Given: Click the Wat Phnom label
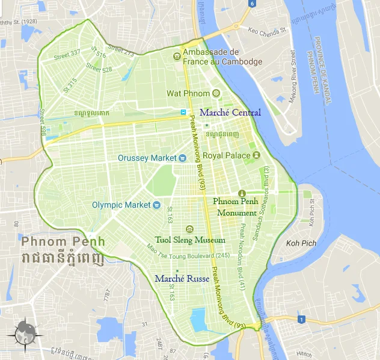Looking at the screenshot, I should coord(188,93).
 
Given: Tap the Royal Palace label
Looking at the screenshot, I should coord(226,155).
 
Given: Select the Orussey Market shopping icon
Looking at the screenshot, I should coord(183,158).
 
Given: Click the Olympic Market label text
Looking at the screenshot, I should coord(121,205).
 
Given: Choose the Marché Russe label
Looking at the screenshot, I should coord(182,279).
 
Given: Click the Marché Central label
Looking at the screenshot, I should coord(230,113).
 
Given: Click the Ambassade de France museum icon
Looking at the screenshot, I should coord(176,57).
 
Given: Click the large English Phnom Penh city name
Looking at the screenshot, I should coord(63,241).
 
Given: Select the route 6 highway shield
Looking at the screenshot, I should coord(252,4).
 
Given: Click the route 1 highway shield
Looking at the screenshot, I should coord(301,320).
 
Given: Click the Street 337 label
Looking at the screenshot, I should coord(67,55).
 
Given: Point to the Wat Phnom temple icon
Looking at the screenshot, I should coord(216,93).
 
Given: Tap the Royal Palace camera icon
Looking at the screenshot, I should coord(256,155).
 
